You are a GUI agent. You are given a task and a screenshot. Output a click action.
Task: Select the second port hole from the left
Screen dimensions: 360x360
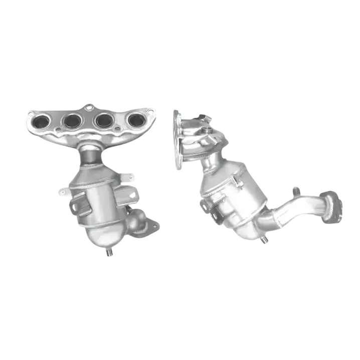tap(73, 120)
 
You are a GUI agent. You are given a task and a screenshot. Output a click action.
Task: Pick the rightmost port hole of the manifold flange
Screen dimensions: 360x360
tap(135, 120)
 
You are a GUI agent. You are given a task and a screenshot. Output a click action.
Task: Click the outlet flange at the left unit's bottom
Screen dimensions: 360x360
tap(143, 227)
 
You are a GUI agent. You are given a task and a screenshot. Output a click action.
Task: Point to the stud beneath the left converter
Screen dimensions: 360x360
tap(109, 252)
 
